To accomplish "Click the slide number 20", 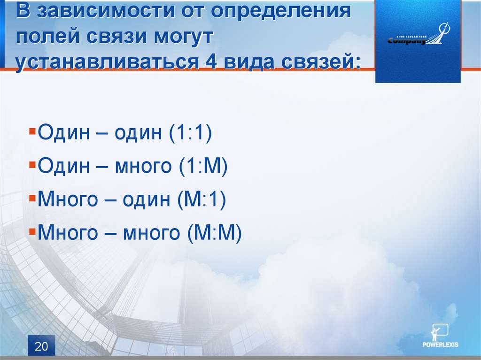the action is (41, 346).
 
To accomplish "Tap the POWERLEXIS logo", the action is (440, 336).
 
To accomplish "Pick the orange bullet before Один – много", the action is (32, 165).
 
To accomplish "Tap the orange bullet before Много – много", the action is (32, 231).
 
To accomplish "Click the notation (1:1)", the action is (190, 132).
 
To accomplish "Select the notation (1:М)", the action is (203, 166).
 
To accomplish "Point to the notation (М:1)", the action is (202, 199).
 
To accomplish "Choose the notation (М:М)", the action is (214, 232).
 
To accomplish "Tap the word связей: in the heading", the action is (320, 61).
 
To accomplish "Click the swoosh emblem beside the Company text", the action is (439, 34).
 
